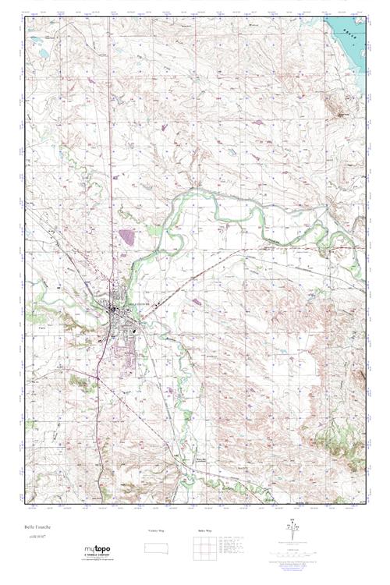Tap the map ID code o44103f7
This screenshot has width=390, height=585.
(36, 536)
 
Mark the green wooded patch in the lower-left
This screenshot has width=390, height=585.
(78, 382)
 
